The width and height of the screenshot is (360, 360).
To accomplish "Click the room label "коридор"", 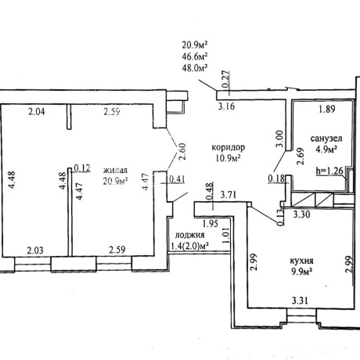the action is tap(229, 148).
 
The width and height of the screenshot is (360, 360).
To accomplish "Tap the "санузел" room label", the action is tap(326, 139).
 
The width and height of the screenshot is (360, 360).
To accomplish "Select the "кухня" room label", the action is tap(302, 261).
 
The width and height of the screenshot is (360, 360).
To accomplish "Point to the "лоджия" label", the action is tap(189, 235).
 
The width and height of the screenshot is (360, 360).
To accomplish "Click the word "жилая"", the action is tap(115, 171).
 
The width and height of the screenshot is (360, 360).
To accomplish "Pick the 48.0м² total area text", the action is tap(195, 67).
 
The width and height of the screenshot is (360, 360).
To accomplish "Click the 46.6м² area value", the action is tap(195, 56).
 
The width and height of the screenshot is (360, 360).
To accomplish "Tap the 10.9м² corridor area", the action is tap(228, 158).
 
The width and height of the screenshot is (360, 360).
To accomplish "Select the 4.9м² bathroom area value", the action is tap(326, 149).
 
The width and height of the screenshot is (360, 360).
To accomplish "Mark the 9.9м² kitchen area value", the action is tap(302, 272).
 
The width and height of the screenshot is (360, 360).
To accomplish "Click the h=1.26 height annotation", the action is tap(329, 171).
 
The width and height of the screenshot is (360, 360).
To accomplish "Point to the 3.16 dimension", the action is tap(226, 106).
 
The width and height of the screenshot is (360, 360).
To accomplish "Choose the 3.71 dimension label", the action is tap(229, 195).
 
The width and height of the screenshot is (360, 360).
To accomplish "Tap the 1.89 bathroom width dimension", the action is tap(327, 109).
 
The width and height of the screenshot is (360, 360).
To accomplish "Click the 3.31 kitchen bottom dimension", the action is tap(300, 301).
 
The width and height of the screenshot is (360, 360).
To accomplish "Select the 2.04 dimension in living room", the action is tap(37, 112).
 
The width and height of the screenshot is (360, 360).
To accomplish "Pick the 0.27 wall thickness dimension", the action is tap(226, 79).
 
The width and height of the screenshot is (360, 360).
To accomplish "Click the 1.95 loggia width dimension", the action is tap(211, 224).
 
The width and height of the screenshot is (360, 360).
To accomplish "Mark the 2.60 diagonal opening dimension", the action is tap(182, 152).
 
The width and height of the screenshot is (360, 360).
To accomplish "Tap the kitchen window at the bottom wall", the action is tap(301, 316).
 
